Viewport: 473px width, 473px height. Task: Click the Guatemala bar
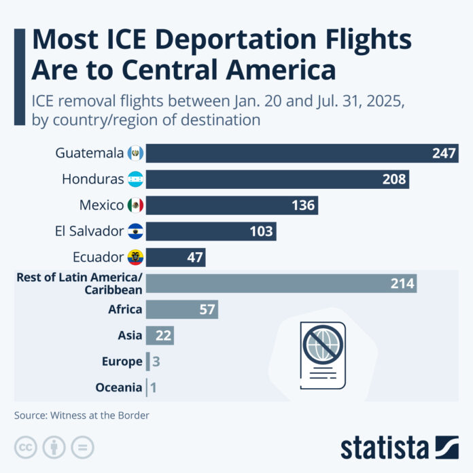tap(285, 153)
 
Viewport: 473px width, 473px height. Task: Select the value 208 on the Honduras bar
tap(395, 179)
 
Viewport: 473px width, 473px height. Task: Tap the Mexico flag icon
tap(136, 205)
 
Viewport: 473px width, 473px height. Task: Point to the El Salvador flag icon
tap(136, 232)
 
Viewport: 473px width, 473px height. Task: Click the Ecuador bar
tap(175, 258)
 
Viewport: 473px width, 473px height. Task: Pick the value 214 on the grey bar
tap(402, 284)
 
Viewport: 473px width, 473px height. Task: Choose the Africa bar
tap(181, 310)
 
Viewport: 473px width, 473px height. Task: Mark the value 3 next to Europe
tap(156, 362)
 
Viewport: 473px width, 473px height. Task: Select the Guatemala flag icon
tap(136, 153)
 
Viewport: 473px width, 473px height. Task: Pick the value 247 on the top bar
tap(443, 153)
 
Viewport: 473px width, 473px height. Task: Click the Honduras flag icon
tap(136, 179)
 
